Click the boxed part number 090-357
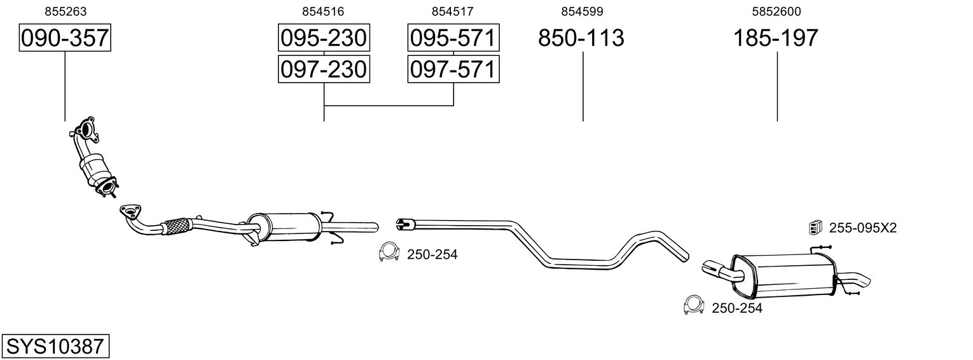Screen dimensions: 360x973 pyautogui.click(x=65, y=38)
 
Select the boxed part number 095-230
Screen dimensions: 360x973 pyautogui.click(x=324, y=38)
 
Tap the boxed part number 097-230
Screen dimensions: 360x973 pyautogui.click(x=324, y=69)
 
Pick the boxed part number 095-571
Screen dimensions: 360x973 pyautogui.click(x=453, y=38)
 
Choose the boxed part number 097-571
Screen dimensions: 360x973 pyautogui.click(x=453, y=69)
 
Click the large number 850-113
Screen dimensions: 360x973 pyautogui.click(x=581, y=38)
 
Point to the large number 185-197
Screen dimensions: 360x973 pyautogui.click(x=776, y=38)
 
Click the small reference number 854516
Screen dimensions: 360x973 pyautogui.click(x=324, y=11)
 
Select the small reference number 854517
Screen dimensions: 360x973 pyautogui.click(x=452, y=11)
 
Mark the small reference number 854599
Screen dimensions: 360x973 pyautogui.click(x=582, y=11)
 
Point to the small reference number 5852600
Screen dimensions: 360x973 pyautogui.click(x=776, y=11)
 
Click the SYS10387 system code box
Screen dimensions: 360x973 pyautogui.click(x=55, y=347)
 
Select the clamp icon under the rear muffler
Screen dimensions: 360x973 pyautogui.click(x=693, y=305)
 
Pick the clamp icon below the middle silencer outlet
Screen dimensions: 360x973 pyautogui.click(x=388, y=253)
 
